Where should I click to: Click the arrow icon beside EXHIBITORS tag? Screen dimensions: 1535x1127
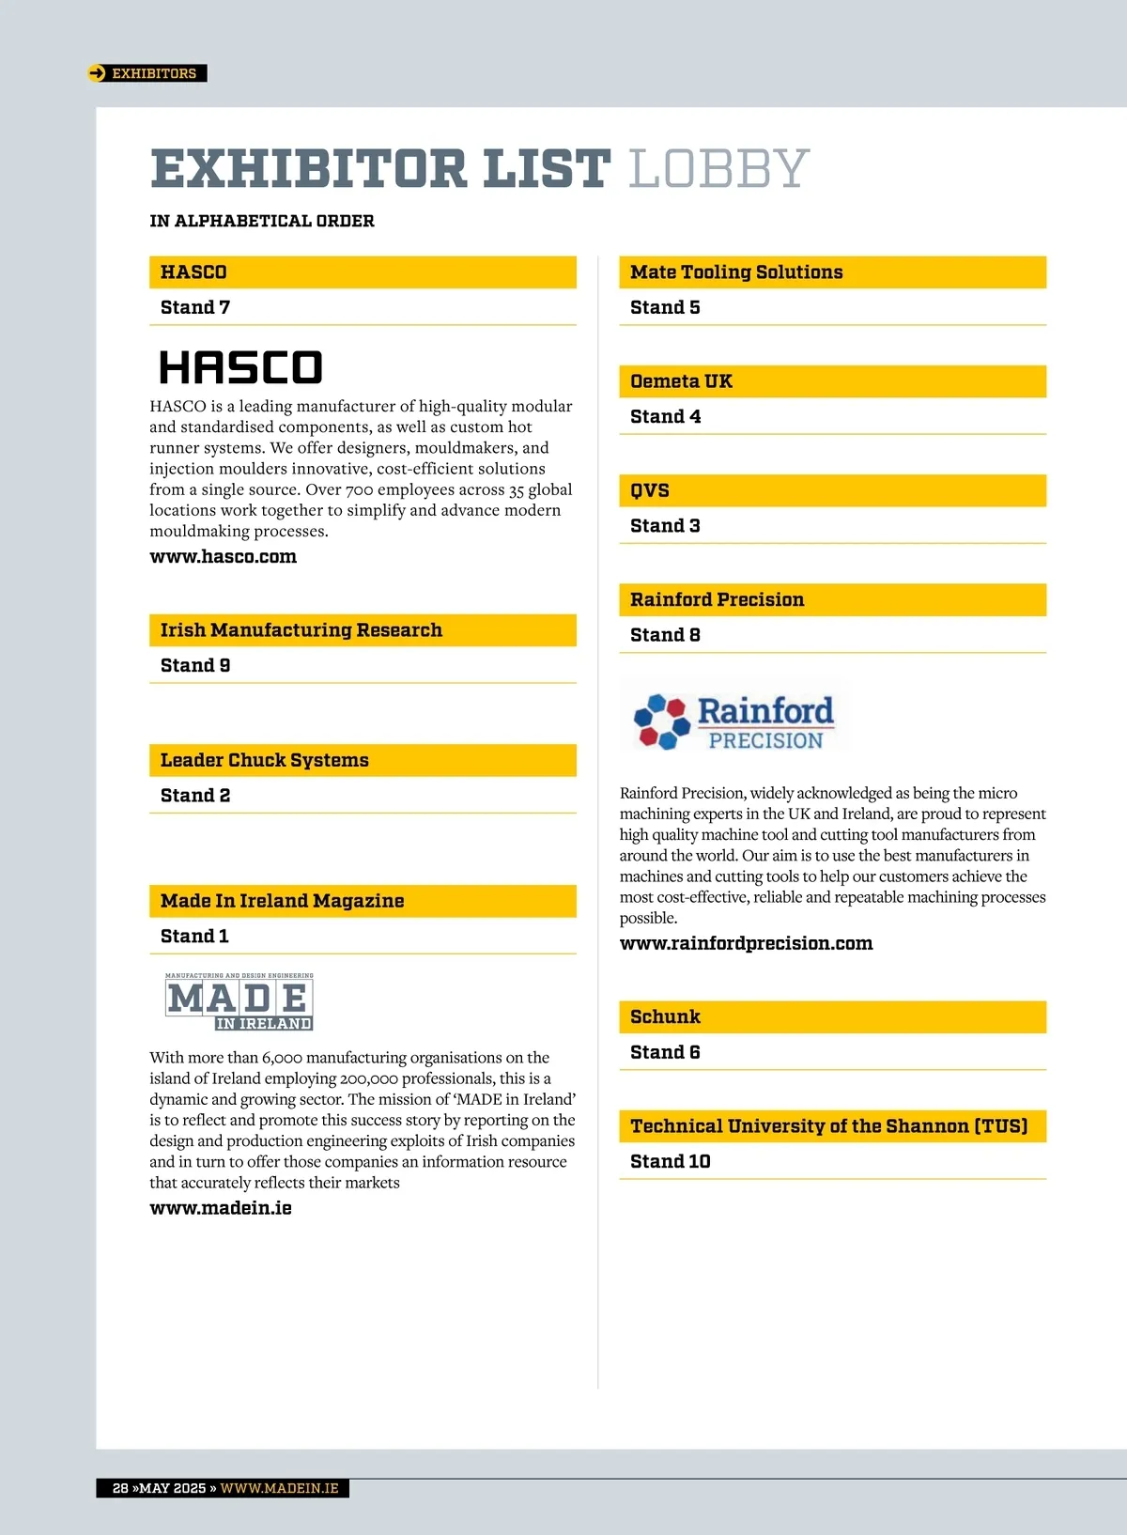97,73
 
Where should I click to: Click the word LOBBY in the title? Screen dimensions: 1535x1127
718,169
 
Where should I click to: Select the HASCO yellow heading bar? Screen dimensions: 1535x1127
363,272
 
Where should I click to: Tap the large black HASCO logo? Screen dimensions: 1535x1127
240,367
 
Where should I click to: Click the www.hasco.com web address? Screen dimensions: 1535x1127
224,557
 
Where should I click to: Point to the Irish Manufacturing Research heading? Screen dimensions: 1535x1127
301,630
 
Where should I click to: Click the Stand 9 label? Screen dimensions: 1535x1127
195,666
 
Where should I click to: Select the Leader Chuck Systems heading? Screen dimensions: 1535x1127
265,761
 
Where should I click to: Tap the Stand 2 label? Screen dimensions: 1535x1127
195,796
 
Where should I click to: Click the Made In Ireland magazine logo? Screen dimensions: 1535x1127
239,1002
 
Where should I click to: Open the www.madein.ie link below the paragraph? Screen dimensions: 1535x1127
221,1208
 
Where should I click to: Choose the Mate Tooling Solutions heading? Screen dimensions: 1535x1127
736,272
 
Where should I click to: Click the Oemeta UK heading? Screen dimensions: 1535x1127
682,381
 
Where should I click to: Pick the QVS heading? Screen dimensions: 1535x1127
650,490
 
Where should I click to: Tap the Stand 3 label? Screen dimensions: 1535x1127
665,526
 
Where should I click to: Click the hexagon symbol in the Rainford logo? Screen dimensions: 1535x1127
661,721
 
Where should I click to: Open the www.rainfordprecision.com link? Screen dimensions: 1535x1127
747,943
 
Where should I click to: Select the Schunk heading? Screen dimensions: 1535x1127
666,1017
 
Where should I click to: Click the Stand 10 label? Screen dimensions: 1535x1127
671,1162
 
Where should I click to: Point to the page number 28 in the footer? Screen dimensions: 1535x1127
120,1488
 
